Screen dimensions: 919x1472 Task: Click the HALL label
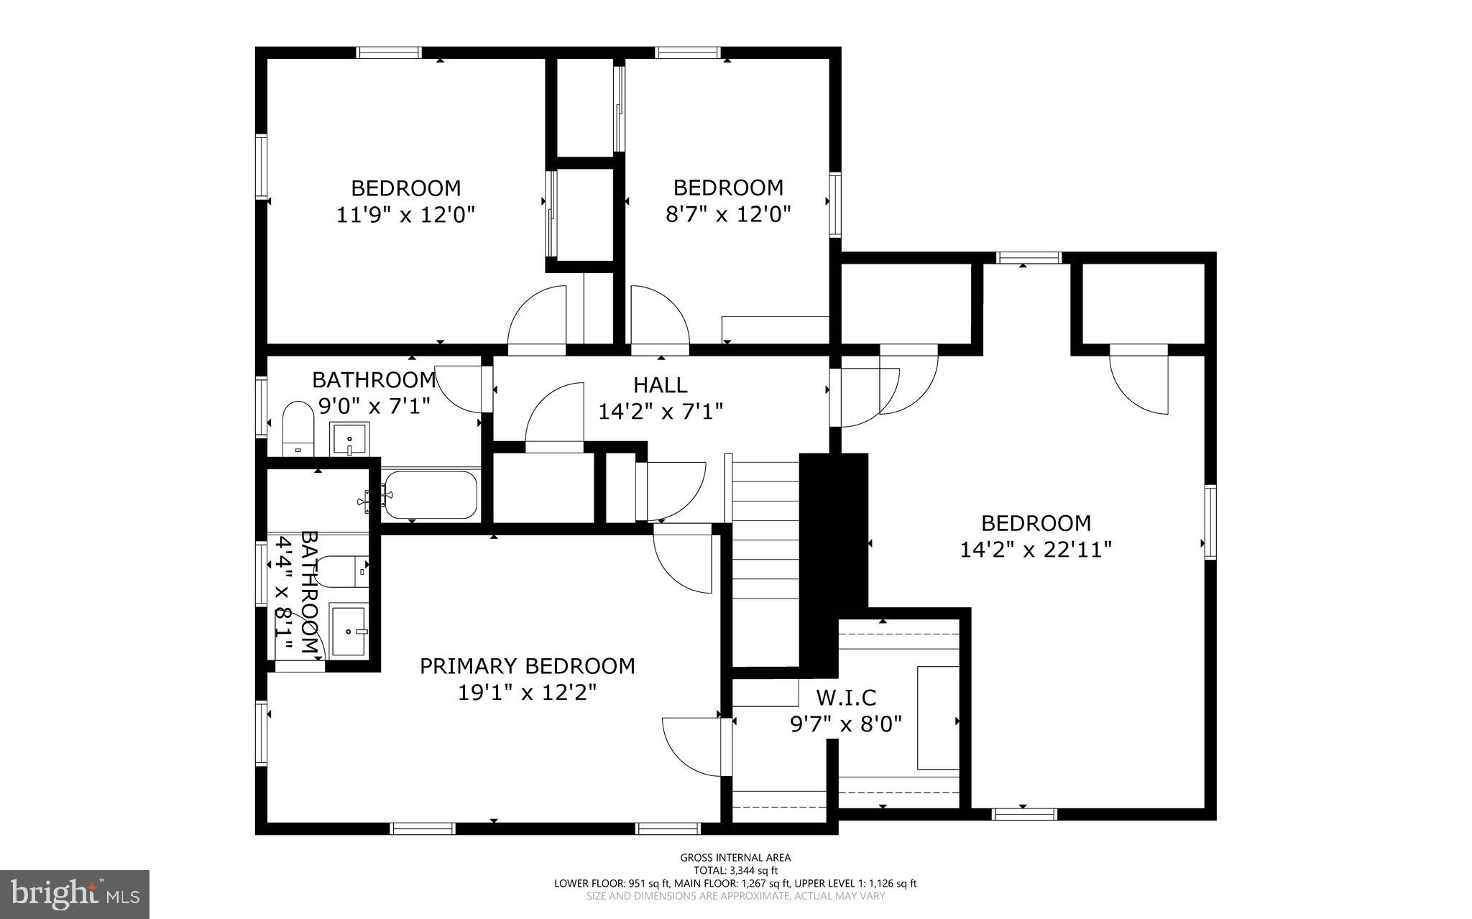pyautogui.click(x=660, y=384)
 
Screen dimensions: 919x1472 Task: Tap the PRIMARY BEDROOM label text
pyautogui.click(x=527, y=666)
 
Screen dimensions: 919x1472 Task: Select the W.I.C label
pyautogui.click(x=846, y=697)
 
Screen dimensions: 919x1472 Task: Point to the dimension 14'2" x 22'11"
pyautogui.click(x=1036, y=550)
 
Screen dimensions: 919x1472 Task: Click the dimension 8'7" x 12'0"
pyautogui.click(x=727, y=214)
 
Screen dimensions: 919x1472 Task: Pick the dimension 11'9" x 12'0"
pyautogui.click(x=405, y=214)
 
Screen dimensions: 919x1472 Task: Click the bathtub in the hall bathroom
pyautogui.click(x=430, y=494)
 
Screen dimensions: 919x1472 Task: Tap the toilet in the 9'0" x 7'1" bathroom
pyautogui.click(x=298, y=429)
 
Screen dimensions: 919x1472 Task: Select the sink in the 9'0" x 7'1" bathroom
pyautogui.click(x=349, y=438)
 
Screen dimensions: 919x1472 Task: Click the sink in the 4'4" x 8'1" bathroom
pyautogui.click(x=348, y=631)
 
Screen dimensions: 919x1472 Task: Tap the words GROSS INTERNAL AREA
pyautogui.click(x=735, y=857)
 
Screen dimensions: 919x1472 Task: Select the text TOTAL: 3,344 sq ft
pyautogui.click(x=735, y=870)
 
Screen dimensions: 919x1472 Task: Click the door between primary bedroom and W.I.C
pyautogui.click(x=691, y=747)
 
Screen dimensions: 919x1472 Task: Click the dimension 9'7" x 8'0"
pyautogui.click(x=845, y=724)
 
